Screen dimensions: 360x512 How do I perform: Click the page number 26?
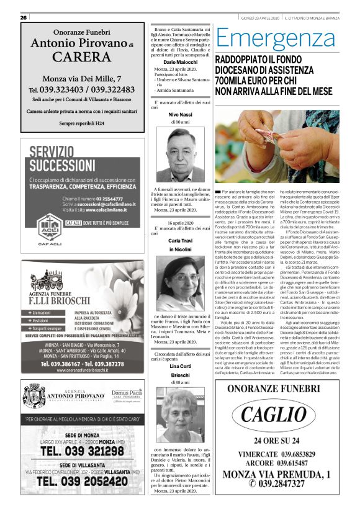(x=24, y=17)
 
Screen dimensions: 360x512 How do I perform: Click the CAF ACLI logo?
(x=49, y=230)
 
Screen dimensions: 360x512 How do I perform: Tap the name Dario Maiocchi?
(x=180, y=63)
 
